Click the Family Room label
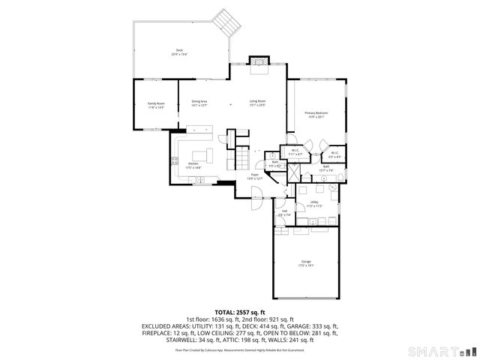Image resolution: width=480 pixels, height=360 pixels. (x=156, y=105)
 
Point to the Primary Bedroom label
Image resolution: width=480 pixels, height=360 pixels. (x=316, y=114)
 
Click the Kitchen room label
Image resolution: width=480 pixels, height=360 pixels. (x=193, y=165)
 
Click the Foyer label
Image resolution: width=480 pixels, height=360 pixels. (x=255, y=176)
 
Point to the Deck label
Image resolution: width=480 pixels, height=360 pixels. (x=179, y=52)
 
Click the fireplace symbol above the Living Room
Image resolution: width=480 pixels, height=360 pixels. (x=259, y=60)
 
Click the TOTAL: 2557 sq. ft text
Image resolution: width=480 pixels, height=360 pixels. (x=240, y=311)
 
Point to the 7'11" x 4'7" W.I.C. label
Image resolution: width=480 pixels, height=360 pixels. (x=295, y=153)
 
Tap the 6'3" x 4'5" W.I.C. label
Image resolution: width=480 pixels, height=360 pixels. (x=334, y=155)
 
